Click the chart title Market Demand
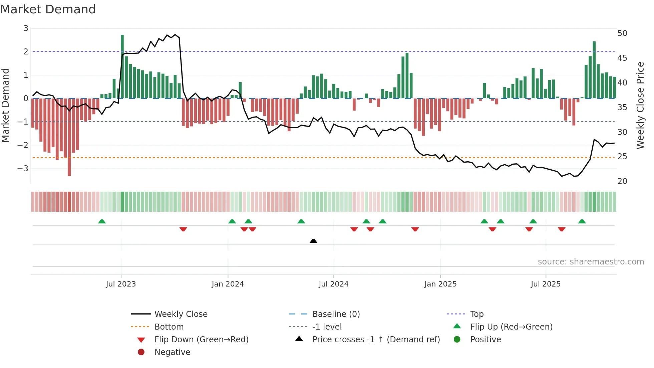point(48,9)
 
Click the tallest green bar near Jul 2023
point(122,67)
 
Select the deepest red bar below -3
point(69,137)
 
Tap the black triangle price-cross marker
point(313,241)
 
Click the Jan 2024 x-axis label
point(228,284)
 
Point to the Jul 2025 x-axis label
point(546,284)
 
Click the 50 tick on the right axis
point(622,33)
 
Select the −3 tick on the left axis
point(23,168)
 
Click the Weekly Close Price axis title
point(640,105)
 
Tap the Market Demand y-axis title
point(6,105)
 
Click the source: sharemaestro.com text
point(591,262)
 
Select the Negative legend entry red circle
point(141,352)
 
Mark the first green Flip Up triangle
point(102,221)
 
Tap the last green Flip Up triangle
point(582,221)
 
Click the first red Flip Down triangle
point(183,229)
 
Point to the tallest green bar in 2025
point(594,70)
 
